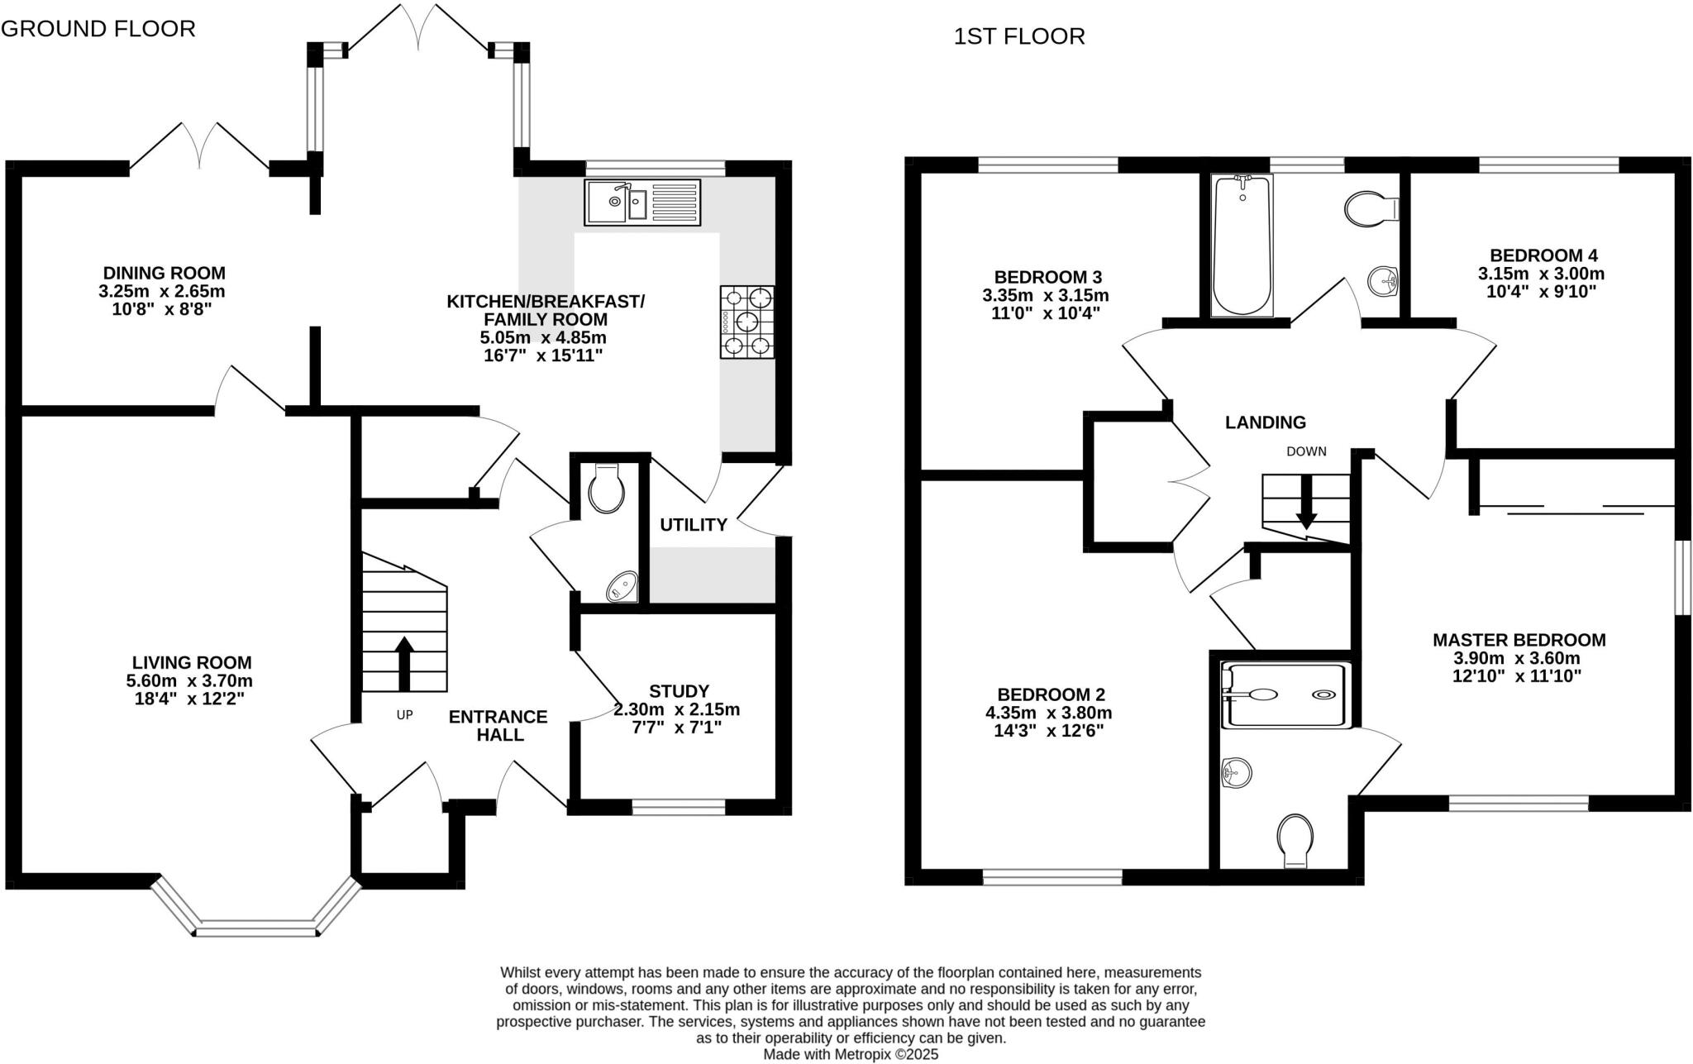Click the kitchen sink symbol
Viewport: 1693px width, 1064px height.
click(642, 202)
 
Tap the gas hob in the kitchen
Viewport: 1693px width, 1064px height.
click(747, 322)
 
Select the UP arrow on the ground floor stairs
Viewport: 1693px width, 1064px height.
click(403, 663)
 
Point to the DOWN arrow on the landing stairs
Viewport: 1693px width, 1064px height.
click(1306, 502)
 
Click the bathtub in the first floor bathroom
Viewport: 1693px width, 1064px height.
click(1241, 246)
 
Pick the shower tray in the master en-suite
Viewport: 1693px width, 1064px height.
click(1287, 695)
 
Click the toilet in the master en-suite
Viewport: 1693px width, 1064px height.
click(1295, 841)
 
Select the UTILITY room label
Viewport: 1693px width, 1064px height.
click(693, 524)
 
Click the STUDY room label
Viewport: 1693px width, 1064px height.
click(679, 690)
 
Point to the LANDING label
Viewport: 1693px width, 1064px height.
click(1265, 422)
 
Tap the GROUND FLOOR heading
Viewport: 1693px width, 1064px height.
click(98, 29)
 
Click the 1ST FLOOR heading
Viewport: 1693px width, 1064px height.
click(1018, 36)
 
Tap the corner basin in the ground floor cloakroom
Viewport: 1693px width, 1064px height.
click(622, 587)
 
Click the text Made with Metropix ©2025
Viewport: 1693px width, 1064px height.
click(851, 1055)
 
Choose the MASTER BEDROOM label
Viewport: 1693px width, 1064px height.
click(1519, 639)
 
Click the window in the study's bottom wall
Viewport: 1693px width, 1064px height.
click(679, 807)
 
